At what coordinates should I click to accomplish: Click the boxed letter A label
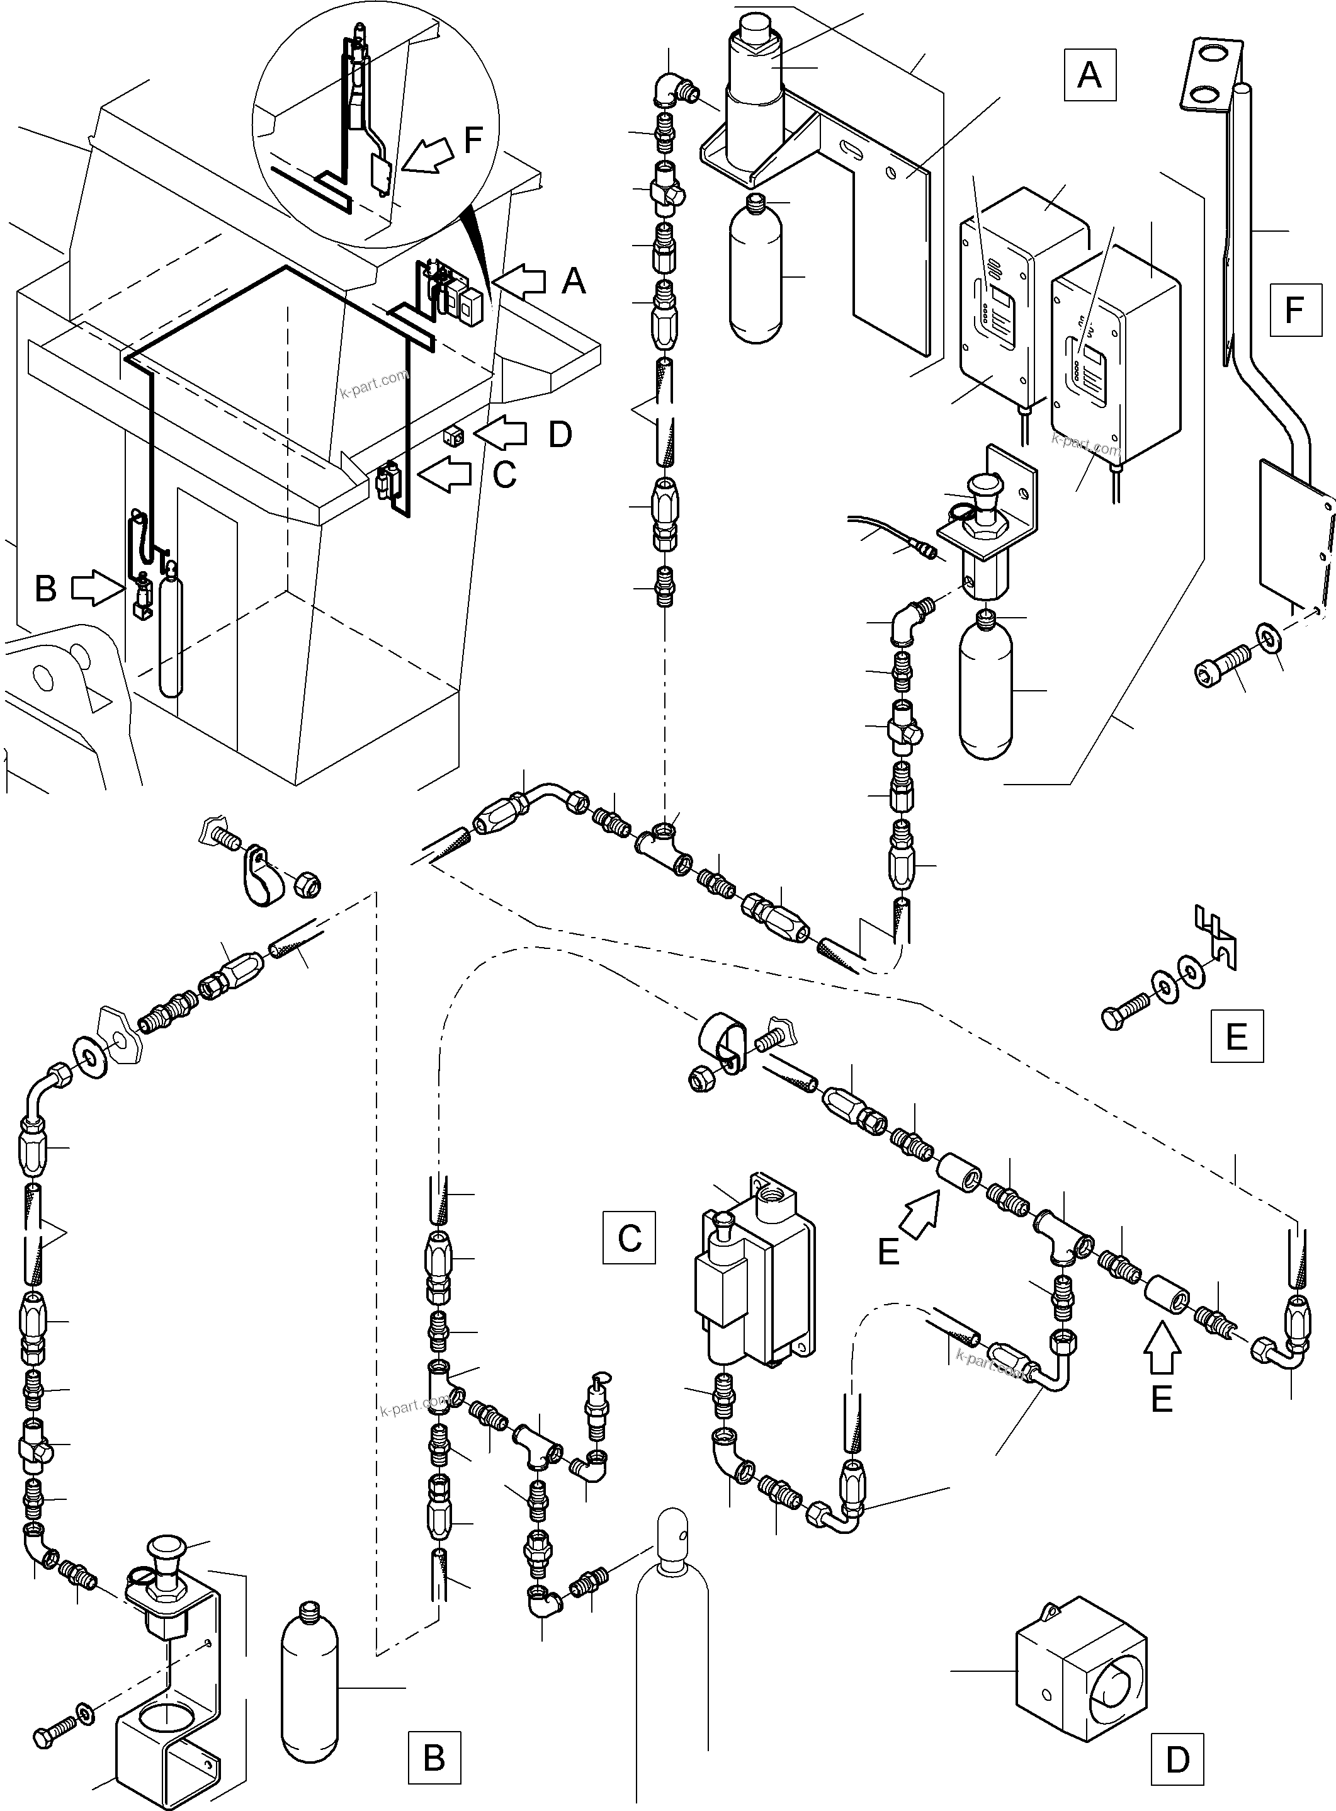pyautogui.click(x=1089, y=75)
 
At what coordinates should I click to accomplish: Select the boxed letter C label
pyautogui.click(x=628, y=1237)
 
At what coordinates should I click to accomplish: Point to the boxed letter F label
pyautogui.click(x=1294, y=309)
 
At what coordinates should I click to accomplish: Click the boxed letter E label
pyautogui.click(x=1237, y=1035)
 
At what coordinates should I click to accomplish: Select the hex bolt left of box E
pyautogui.click(x=1126, y=1012)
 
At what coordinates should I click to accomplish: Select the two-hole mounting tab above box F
pyautogui.click(x=1211, y=73)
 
